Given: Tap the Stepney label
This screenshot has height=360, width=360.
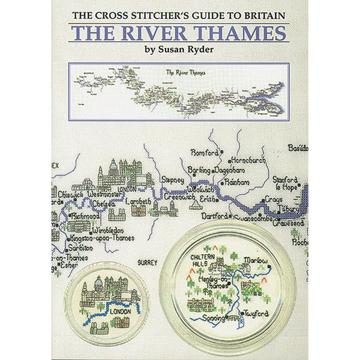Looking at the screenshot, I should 174,180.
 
